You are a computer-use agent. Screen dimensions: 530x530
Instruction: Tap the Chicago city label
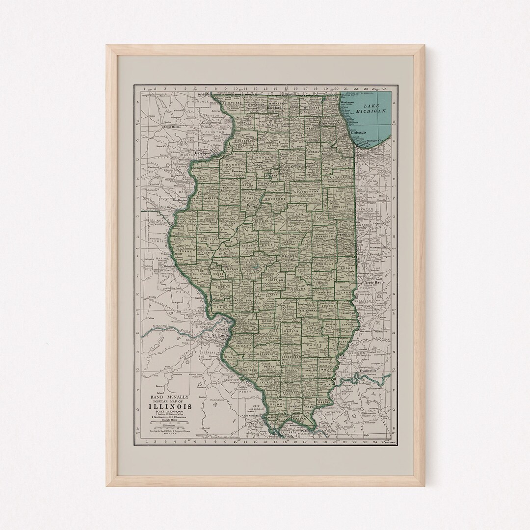click(x=362, y=132)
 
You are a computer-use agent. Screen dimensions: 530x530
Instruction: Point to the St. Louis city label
click(x=220, y=335)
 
